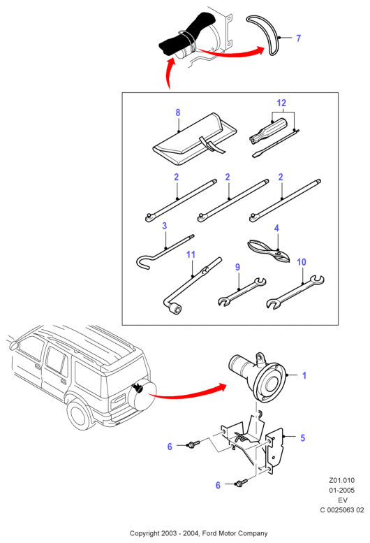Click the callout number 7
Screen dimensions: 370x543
[x=298, y=38]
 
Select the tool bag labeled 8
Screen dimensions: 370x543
[x=194, y=139]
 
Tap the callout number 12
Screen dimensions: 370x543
[x=281, y=103]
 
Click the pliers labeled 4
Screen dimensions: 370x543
[x=269, y=251]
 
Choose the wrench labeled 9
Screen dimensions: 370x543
[x=242, y=291]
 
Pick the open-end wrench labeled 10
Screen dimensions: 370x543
[x=295, y=292]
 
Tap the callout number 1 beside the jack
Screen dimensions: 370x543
[x=304, y=375]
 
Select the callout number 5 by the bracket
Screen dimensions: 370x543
[x=302, y=437]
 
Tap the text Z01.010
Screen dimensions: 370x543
[x=341, y=480]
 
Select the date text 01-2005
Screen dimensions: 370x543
[x=341, y=490]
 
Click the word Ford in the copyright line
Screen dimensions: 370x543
[x=209, y=533]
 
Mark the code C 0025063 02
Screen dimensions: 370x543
[x=341, y=509]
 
